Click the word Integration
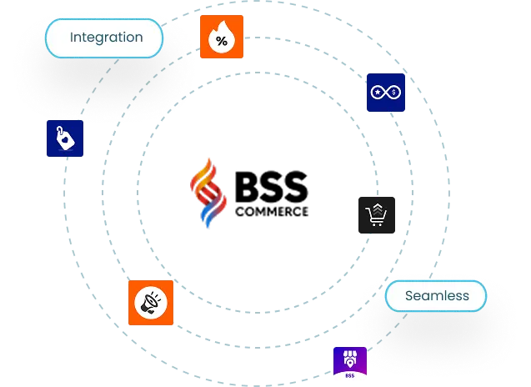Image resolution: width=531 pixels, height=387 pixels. coord(106,38)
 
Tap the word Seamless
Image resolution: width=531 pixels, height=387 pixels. coord(437,295)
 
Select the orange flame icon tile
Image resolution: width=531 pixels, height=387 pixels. coord(222,37)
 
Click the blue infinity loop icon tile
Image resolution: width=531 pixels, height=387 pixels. coord(387,93)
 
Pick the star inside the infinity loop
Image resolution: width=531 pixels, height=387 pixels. coord(380,93)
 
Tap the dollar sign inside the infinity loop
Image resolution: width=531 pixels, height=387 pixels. coord(393,93)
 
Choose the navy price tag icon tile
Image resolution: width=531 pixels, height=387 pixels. coord(67,138)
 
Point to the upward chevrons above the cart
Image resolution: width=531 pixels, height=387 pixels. coord(377,206)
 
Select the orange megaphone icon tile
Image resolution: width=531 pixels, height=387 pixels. coord(150,303)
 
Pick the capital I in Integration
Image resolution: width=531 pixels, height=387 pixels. coord(72,38)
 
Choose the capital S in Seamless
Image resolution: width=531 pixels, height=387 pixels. coord(409,295)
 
